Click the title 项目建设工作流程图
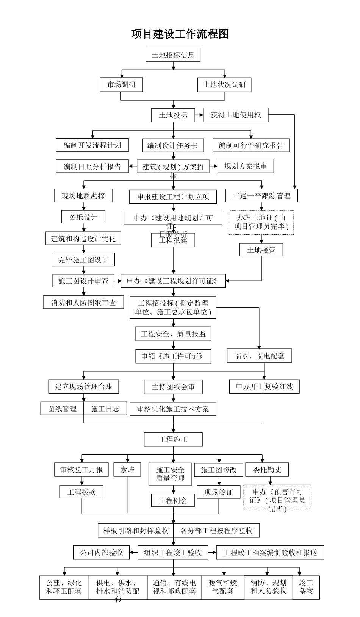[180, 34]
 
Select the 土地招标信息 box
[173, 55]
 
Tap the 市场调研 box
[121, 84]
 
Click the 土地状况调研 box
[224, 84]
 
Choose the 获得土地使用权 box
[236, 115]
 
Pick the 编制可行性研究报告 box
[251, 145]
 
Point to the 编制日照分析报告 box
[92, 166]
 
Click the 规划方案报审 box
[246, 166]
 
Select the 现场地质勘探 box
[83, 196]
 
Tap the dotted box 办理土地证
[261, 222]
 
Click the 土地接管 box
[261, 250]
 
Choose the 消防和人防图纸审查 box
[83, 302]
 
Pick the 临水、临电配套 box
[260, 356]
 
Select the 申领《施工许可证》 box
[173, 356]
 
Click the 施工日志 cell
[105, 409]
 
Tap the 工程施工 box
[173, 439]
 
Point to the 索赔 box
[127, 470]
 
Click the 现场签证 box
[219, 492]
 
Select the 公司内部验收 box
[101, 553]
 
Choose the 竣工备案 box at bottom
[306, 587]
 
